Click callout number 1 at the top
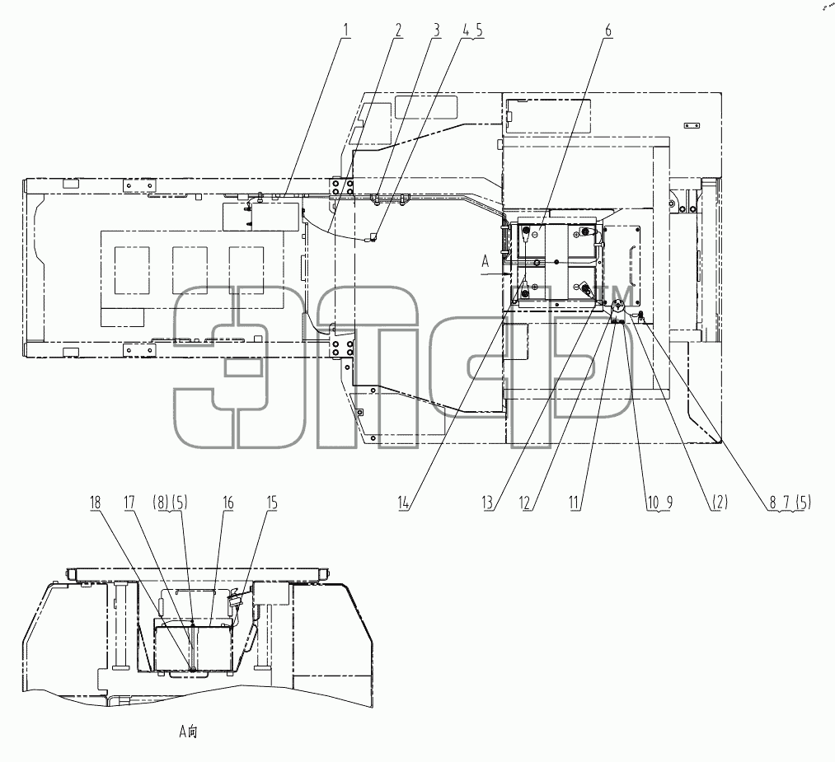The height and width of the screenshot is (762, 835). pos(347,30)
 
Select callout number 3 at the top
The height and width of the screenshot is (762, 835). pos(437,30)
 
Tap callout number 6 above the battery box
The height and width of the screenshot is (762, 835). pos(608,30)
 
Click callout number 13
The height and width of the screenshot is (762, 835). pos(488,503)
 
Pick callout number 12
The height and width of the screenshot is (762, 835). pos(526,503)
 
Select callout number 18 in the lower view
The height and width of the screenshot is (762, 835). pos(96,503)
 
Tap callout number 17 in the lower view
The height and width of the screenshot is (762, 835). pos(129,503)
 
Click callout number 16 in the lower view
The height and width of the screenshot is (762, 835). pos(228,503)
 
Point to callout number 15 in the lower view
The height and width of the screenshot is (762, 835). pos(271,503)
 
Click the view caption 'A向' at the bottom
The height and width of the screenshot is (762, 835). pos(188,732)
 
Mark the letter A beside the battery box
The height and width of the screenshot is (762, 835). pos(486,261)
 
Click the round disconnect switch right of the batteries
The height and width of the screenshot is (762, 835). pos(618,307)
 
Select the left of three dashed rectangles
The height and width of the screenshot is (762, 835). pos(132,270)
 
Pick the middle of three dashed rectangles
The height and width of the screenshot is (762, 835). pos(190,270)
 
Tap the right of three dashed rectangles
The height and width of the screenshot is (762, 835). pos(246,270)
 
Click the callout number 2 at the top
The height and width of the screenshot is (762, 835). pos(398,30)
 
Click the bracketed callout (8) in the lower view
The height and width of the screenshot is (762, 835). pos(161,503)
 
